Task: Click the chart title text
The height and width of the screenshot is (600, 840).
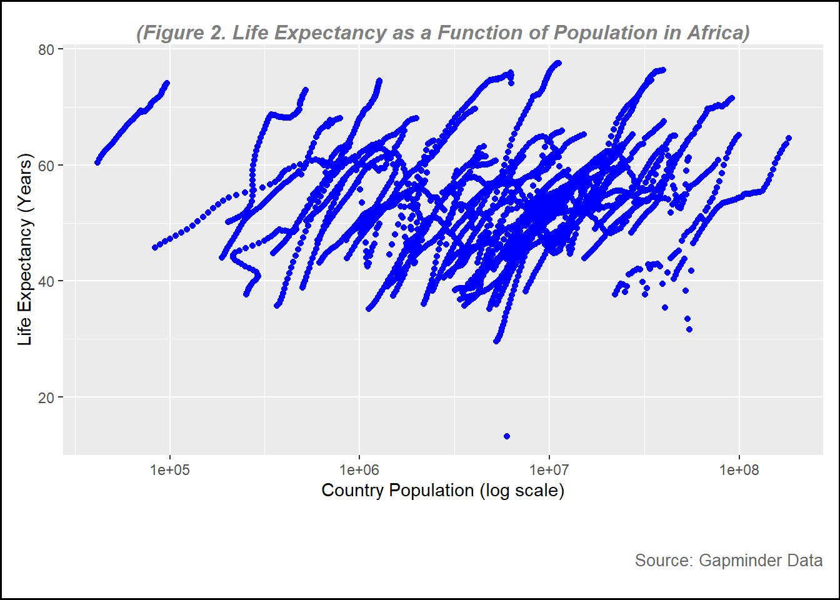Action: pos(442,32)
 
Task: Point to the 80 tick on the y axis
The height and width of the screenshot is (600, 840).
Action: pos(46,49)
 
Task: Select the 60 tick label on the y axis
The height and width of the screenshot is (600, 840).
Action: pos(46,166)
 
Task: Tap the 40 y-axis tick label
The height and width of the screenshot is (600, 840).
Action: pos(46,281)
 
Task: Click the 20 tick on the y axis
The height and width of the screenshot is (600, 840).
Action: pos(46,397)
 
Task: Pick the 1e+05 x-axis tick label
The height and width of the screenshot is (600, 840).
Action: pos(169,470)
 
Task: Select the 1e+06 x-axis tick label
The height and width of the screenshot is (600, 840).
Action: pos(359,470)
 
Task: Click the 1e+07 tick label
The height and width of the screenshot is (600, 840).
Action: pos(549,470)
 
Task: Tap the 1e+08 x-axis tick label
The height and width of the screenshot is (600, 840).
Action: pos(739,470)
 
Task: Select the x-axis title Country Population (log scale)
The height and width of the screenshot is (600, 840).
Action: pos(442,491)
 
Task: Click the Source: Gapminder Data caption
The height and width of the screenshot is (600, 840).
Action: pos(728,560)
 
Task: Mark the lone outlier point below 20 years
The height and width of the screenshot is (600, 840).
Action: pos(507,436)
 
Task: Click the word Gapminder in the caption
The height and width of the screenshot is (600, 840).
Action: pos(739,560)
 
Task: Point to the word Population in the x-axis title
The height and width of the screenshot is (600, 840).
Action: pos(436,491)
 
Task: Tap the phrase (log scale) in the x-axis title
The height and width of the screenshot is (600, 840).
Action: pos(522,491)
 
